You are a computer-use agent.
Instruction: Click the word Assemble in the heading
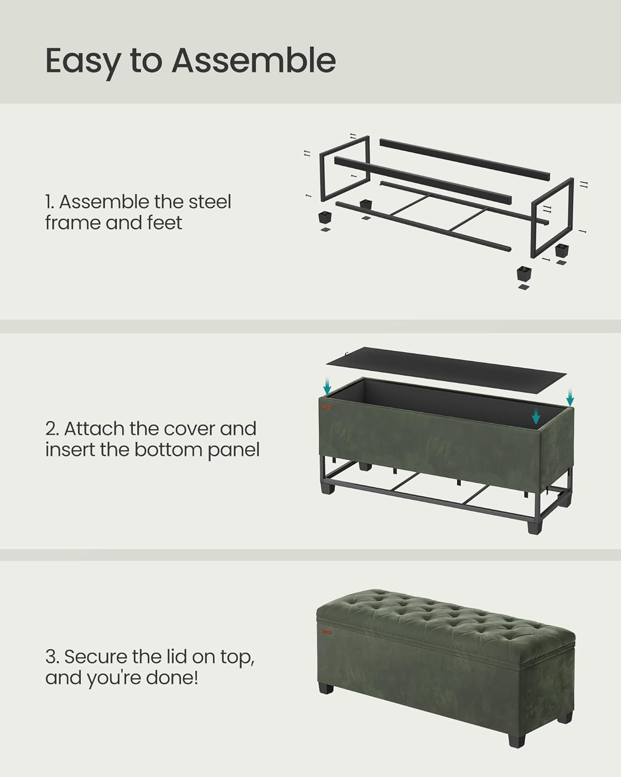[254, 61]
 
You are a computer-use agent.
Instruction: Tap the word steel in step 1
[210, 202]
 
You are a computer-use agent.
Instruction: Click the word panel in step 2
[233, 450]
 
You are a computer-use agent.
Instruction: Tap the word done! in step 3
[173, 678]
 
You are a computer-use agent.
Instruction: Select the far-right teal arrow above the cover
[570, 398]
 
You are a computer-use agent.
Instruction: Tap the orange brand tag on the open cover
[328, 407]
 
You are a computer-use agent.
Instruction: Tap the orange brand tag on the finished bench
[326, 631]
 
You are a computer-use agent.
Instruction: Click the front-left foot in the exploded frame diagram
[325, 216]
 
